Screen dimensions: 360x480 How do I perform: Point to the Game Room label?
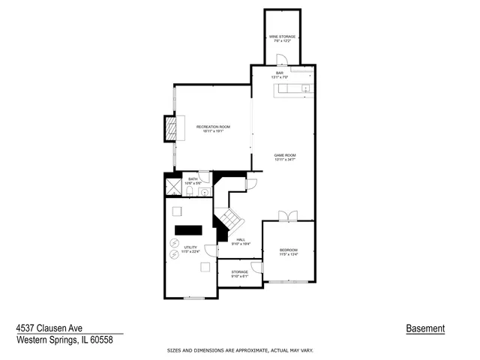coord(285,156)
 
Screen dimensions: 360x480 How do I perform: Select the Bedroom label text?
coord(289,250)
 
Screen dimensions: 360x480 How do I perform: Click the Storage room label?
coord(239,272)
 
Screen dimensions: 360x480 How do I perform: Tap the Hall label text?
coord(241,240)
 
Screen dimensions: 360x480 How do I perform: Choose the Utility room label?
coord(190,250)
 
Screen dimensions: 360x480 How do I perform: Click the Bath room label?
coord(193,179)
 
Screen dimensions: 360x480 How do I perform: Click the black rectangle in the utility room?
coord(188,229)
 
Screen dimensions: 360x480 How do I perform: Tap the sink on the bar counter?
coord(305,90)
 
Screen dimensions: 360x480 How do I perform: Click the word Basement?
coord(425,328)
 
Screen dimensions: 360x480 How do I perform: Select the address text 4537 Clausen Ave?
coord(49,328)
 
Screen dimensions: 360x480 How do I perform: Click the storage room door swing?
coord(256,266)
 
